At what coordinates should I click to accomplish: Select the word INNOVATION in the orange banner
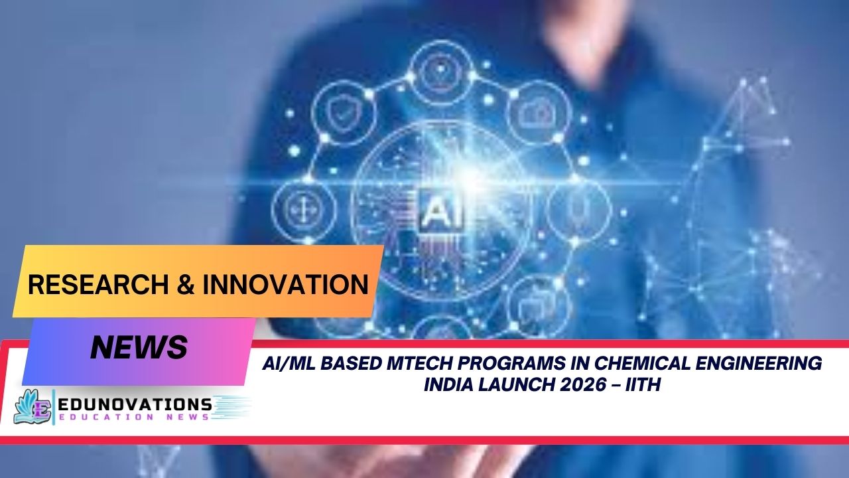pos(285,285)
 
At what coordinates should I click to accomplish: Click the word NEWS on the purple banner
pos(139,347)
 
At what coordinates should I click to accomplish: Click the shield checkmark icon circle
pos(340,114)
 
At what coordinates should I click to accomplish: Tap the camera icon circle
pos(539,114)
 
